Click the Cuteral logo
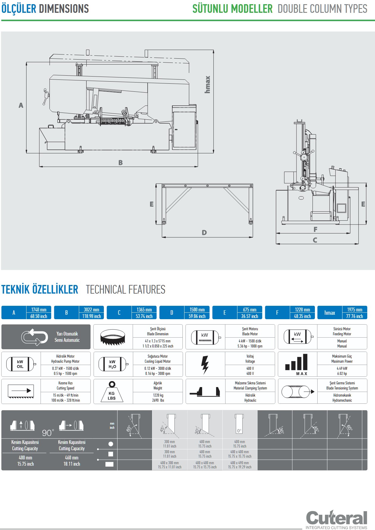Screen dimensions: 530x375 (337, 518)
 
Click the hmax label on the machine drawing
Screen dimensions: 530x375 (207, 84)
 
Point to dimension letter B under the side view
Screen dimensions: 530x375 (121, 163)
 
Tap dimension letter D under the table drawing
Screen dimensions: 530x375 (204, 233)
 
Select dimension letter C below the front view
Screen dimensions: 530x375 (315, 240)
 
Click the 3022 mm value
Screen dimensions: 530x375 (91, 310)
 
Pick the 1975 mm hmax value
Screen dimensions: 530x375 (355, 310)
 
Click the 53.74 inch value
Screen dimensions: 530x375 (144, 316)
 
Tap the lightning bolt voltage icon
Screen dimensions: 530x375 (205, 364)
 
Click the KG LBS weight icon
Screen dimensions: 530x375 (112, 392)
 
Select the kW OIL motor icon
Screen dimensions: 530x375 (21, 364)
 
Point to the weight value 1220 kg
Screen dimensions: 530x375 (158, 395)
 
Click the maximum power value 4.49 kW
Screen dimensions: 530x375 (342, 368)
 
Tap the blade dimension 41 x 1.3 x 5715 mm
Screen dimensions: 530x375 (158, 341)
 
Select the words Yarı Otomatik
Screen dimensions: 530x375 (67, 334)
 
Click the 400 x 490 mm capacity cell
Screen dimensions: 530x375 (240, 463)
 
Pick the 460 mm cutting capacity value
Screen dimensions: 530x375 (72, 458)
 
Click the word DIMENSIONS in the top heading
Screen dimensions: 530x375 (64, 9)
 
